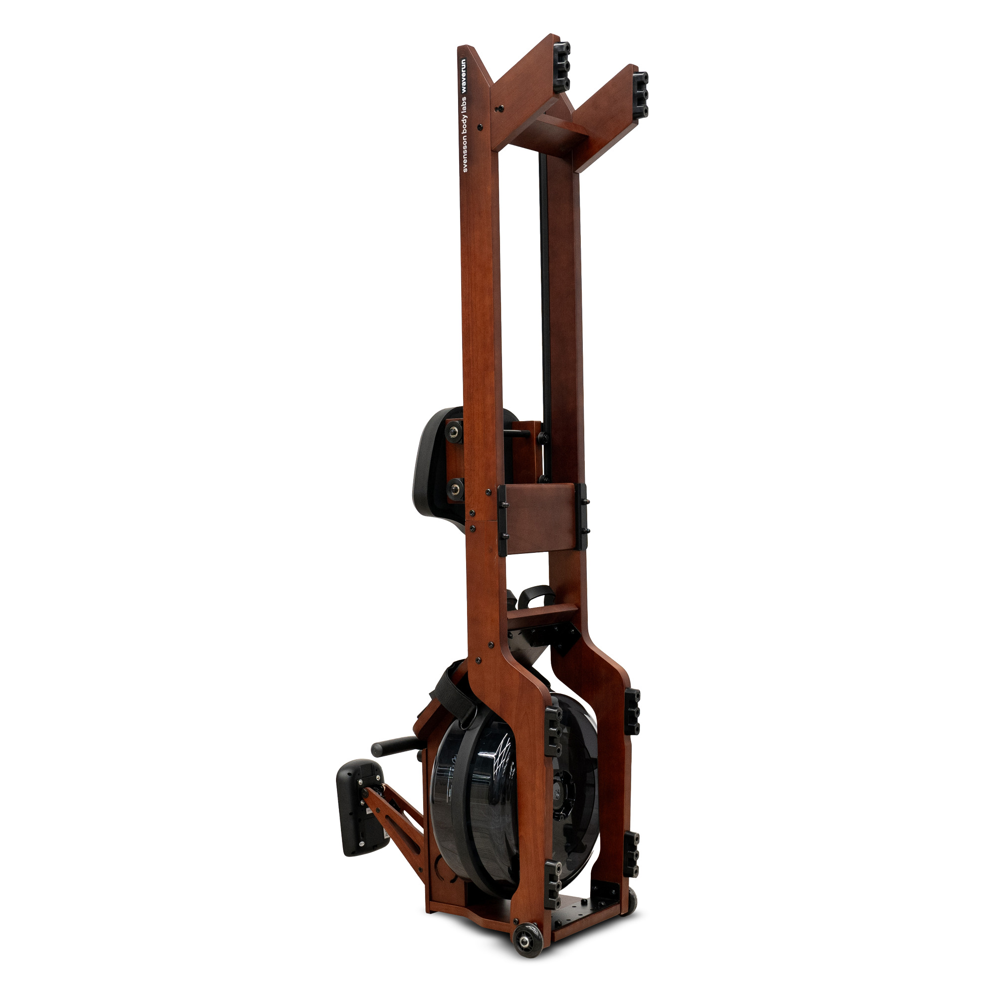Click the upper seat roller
pos(455,431)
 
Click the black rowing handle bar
pos(395,746)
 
